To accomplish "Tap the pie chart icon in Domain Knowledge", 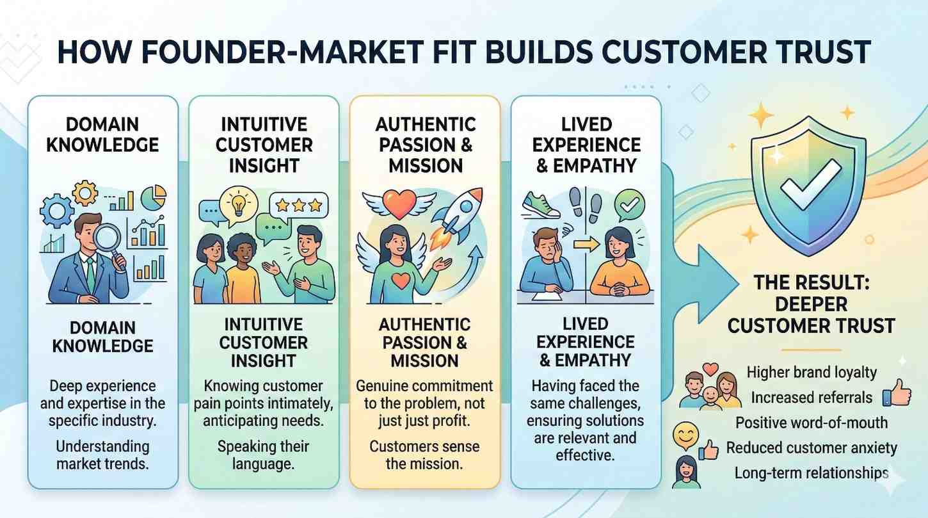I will coord(154,197).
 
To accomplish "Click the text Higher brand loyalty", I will coord(812,372).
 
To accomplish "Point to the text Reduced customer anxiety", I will coord(812,448).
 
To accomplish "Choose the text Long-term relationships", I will coord(811,473).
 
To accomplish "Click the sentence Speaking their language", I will coord(263,455).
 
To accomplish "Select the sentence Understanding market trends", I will coord(102,455).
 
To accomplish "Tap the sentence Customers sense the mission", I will coord(424,455).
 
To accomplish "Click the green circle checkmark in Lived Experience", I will coord(629,205).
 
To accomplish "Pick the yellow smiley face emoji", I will coord(684,437).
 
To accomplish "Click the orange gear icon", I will coord(84,193).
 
